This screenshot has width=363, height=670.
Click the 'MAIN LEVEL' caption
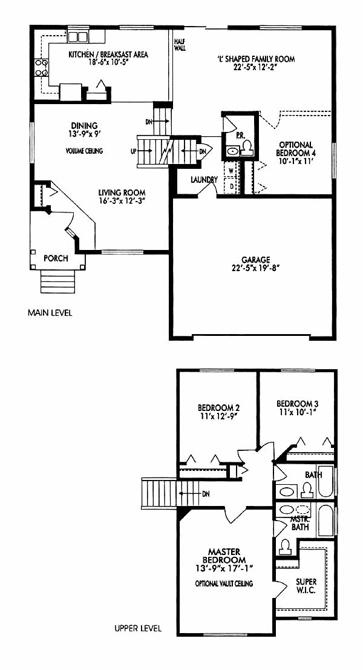pos(50,313)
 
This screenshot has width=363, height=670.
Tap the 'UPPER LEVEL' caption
pos(138,629)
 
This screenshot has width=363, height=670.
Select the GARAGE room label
pos(256,260)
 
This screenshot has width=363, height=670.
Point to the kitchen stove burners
pos(41,68)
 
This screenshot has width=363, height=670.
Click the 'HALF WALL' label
pos(180,45)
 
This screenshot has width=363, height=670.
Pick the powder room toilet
pos(247,148)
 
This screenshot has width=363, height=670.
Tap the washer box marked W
pos(232,169)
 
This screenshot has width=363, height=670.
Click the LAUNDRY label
pos(204,180)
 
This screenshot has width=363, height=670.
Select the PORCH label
pos(56,258)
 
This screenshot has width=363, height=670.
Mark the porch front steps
pos(57,281)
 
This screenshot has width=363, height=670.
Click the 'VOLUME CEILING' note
pos(84,151)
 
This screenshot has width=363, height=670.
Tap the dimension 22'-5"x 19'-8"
pos(256,268)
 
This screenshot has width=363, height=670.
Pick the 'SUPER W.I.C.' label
pos(307,586)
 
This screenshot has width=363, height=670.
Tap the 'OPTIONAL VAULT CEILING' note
pos(224,583)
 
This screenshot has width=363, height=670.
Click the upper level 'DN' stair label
pos(206,494)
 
